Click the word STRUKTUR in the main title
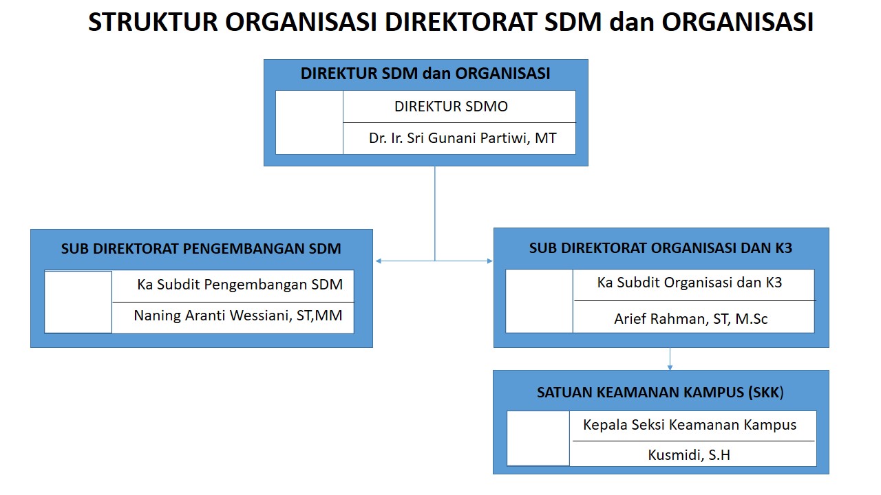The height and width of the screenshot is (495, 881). [153, 22]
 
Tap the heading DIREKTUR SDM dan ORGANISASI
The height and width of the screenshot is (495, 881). [425, 74]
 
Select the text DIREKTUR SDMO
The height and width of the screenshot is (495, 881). [451, 107]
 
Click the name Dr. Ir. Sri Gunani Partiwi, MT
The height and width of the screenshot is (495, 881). [463, 138]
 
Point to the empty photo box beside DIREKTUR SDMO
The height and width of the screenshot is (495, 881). [309, 122]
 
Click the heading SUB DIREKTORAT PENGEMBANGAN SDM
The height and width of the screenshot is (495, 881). [201, 249]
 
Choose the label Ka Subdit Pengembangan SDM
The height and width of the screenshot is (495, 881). [240, 285]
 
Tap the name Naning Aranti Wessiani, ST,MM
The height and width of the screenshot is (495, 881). [238, 316]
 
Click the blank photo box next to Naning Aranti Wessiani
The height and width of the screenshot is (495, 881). [78, 302]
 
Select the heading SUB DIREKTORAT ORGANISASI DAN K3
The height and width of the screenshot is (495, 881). [660, 248]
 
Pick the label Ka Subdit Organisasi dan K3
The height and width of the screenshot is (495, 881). [690, 283]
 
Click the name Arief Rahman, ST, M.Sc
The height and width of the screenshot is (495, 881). [690, 319]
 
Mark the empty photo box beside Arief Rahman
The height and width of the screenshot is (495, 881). [539, 301]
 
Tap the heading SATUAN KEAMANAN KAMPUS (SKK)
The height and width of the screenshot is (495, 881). [660, 393]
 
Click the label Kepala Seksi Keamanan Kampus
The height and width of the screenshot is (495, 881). [690, 425]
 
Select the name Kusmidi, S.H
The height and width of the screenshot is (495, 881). [689, 455]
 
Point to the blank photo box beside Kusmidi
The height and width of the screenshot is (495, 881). [538, 439]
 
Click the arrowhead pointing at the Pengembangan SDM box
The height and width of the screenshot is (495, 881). [379, 261]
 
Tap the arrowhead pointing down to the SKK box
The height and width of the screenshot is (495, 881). [670, 368]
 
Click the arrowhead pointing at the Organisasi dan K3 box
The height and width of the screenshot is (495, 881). [489, 261]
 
